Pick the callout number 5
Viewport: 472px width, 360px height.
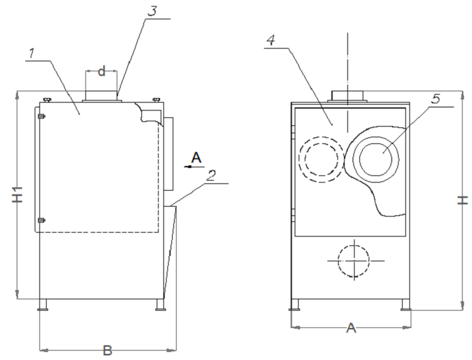435,99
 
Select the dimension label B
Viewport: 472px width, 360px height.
107,351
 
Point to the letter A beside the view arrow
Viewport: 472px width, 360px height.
195,157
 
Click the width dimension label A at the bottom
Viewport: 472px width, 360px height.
351,328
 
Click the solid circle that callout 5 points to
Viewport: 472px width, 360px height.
379,158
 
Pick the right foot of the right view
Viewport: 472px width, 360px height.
405,305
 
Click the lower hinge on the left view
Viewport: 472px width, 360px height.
41,220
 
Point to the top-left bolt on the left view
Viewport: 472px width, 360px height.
47,100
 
